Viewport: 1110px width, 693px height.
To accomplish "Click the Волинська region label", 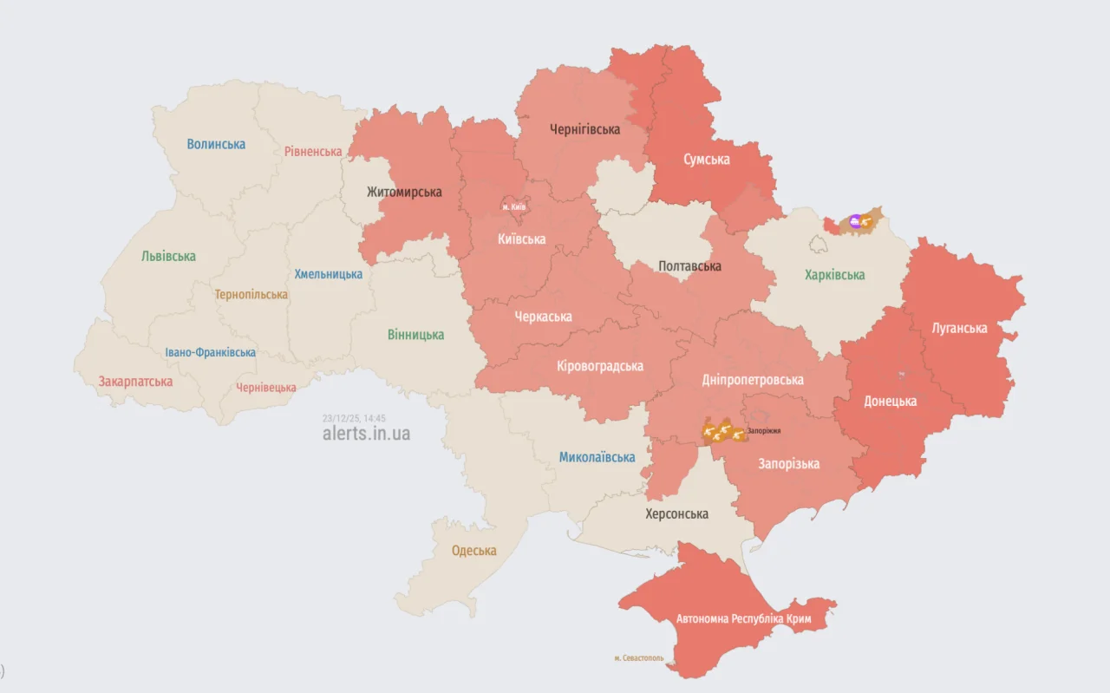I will coord(216,144).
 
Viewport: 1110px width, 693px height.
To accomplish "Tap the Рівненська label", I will coord(313,151).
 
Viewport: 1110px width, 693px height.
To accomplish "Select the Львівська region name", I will coord(168,256).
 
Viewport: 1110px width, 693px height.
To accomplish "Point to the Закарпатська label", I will coord(135,381).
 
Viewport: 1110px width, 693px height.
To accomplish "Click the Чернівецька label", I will coord(266,387).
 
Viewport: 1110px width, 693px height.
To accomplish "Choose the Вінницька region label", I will coord(415,335).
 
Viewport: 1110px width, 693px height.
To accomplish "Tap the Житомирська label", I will coord(404,192).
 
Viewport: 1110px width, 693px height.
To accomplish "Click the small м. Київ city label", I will coord(513,206).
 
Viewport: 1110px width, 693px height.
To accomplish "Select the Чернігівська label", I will coord(584,129).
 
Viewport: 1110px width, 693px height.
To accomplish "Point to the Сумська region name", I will coord(706,160).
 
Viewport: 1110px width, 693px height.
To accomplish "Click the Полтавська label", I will coord(689,266).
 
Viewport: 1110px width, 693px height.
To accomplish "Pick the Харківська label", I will coord(834,275).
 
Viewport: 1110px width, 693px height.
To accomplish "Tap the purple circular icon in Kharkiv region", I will coord(856,222).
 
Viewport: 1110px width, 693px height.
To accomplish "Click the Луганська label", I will coord(959,329).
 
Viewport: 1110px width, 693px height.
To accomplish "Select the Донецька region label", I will coord(890,402).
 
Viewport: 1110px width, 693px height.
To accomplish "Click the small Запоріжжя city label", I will coord(763,430).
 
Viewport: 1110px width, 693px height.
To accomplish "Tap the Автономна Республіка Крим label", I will coord(744,618).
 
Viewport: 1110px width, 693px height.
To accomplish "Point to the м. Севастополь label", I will coord(638,657).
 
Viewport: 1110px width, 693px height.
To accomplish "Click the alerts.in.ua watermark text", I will coord(366,433).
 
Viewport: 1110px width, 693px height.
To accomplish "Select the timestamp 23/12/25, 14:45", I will coord(354,417).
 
